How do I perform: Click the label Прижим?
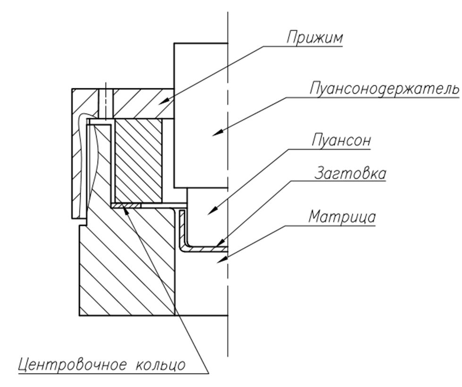pos(314,38)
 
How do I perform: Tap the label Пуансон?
pos(341,141)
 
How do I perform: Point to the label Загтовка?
pos(350,173)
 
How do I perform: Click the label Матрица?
pos(342,217)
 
